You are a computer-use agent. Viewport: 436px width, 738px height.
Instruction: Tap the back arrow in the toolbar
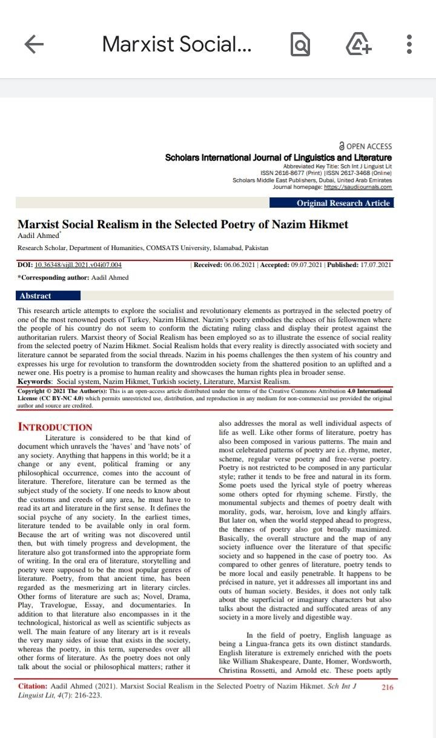click(x=34, y=44)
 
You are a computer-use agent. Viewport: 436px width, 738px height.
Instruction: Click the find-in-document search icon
click(x=300, y=44)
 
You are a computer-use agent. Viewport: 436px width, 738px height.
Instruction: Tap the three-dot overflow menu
click(x=409, y=44)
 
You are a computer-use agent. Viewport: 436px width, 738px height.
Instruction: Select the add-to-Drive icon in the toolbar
click(x=358, y=44)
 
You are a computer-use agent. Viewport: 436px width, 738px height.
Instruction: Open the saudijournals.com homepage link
click(x=358, y=187)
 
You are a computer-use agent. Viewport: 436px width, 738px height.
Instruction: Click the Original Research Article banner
click(x=343, y=203)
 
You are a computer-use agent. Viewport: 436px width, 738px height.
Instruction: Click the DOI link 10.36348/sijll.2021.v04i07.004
click(x=78, y=265)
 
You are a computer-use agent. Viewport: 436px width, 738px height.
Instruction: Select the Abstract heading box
click(x=36, y=296)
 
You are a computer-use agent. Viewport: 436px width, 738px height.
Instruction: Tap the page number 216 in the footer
click(x=388, y=687)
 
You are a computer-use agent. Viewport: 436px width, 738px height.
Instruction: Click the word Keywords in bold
click(x=35, y=382)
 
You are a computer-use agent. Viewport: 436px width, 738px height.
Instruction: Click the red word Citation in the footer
click(x=30, y=687)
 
